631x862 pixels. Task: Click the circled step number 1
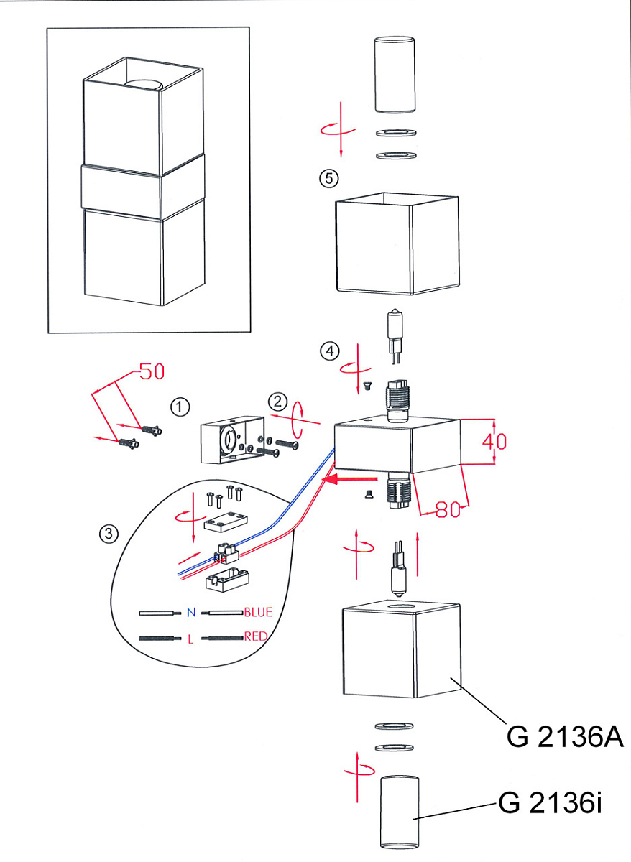180,407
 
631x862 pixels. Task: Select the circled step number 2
277,402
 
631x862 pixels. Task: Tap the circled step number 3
109,534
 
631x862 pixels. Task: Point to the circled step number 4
330,351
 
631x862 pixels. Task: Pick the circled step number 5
329,179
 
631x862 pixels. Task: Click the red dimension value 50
152,371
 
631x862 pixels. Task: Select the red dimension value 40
494,442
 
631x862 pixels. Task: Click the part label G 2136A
564,736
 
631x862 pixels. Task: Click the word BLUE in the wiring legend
258,612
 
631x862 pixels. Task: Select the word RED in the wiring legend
256,636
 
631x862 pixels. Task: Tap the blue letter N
191,612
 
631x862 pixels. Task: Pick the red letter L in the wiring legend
190,639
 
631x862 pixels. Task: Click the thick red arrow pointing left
349,479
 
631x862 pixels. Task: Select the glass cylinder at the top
395,74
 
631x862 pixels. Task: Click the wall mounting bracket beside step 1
232,440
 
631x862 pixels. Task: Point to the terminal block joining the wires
226,554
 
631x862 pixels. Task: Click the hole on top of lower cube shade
401,607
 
